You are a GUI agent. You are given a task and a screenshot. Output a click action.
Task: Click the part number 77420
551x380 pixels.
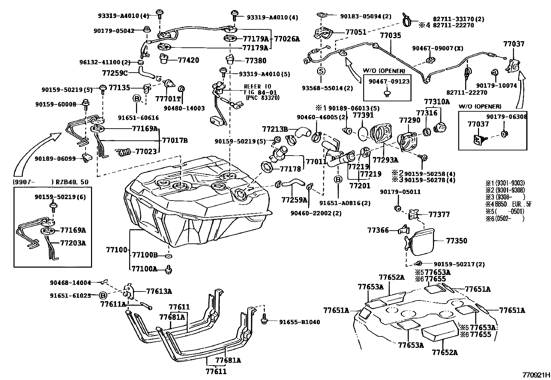coord(188,60)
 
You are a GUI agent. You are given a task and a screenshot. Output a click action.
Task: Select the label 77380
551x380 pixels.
coord(256,61)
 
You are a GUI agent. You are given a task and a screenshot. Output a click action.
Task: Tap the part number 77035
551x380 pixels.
coord(390,35)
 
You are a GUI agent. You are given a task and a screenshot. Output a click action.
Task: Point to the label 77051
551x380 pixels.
coord(356,33)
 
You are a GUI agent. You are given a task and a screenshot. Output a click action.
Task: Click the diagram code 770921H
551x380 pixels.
coord(536,375)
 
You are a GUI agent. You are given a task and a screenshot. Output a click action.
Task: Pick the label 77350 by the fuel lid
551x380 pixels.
coord(457,241)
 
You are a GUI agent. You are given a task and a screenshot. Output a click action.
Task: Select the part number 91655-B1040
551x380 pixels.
coord(299,322)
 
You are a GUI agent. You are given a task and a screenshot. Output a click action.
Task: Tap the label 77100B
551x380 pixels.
coord(145,255)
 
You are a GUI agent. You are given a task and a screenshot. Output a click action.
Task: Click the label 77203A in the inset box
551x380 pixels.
coord(73,243)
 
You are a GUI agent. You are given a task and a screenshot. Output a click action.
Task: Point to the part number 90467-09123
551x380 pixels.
coord(387,82)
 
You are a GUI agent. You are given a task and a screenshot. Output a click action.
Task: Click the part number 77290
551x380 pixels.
coord(410,120)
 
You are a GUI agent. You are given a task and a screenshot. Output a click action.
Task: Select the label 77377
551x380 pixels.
coord(439,214)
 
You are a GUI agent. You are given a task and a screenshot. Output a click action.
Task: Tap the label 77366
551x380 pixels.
coord(378,230)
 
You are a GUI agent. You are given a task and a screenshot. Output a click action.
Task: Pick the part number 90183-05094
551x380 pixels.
coord(361,16)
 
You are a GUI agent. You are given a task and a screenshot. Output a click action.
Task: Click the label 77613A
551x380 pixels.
coord(159,291)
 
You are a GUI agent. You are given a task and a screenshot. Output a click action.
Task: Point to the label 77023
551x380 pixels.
coord(145,151)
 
